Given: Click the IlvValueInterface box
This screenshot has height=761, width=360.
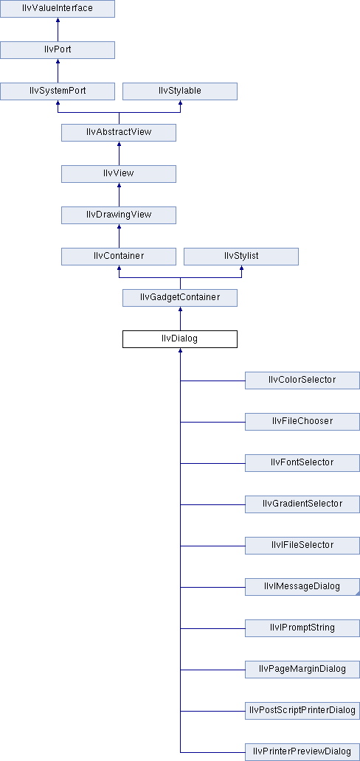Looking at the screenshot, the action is pyautogui.click(x=58, y=9).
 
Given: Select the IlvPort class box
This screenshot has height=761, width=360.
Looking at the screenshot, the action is pyautogui.click(x=58, y=50).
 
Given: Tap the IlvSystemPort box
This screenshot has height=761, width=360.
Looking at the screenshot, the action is pyautogui.click(x=58, y=91).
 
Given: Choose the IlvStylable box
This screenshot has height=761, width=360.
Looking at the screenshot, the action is pyautogui.click(x=180, y=91).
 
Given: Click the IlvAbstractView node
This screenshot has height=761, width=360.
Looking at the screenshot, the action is pyautogui.click(x=119, y=133).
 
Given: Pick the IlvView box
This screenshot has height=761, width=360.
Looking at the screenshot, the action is pyautogui.click(x=119, y=174).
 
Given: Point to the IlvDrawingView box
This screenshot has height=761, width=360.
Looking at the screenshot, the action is pyautogui.click(x=119, y=215).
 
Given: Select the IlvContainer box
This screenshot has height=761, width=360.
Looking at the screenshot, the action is pyautogui.click(x=119, y=257).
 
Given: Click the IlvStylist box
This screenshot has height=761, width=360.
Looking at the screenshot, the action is pyautogui.click(x=241, y=257).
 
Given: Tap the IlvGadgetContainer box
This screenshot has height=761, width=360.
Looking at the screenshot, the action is pyautogui.click(x=180, y=297).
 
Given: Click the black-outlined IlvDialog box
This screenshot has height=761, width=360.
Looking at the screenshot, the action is pyautogui.click(x=180, y=338).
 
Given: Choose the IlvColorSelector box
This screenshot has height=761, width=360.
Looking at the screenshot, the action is pyautogui.click(x=302, y=380).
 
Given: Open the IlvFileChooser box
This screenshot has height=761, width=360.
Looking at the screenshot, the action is pyautogui.click(x=302, y=421).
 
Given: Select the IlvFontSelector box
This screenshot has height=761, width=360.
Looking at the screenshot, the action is pyautogui.click(x=302, y=462).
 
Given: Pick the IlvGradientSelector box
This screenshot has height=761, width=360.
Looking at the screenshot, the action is pyautogui.click(x=302, y=504).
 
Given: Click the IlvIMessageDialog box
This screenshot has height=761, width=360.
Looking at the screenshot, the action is pyautogui.click(x=302, y=586).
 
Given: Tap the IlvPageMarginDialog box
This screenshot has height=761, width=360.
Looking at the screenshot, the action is pyautogui.click(x=302, y=669).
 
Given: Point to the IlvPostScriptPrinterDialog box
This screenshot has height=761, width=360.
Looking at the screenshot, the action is pyautogui.click(x=302, y=710).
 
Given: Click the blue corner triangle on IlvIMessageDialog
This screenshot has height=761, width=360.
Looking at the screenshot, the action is pyautogui.click(x=358, y=593).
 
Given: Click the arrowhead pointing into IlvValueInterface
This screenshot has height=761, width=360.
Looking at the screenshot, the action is pyautogui.click(x=58, y=21).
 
